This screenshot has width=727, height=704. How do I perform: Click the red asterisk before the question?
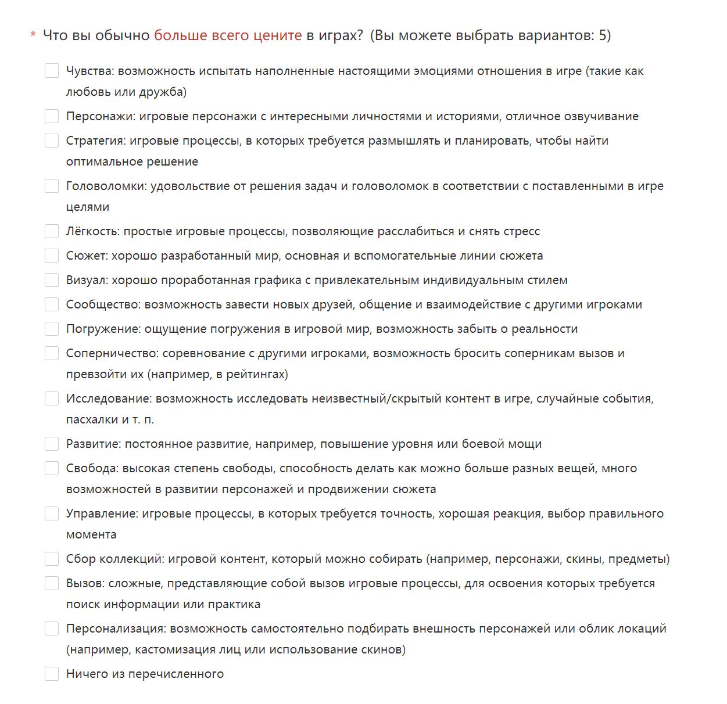(x=33, y=35)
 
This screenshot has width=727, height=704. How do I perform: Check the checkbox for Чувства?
(x=52, y=71)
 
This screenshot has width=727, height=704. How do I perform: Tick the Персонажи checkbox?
(x=52, y=116)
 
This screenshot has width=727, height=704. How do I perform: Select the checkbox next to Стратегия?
(x=52, y=141)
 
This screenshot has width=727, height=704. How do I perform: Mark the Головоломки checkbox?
(x=52, y=186)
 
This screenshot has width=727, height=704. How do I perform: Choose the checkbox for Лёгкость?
(x=52, y=231)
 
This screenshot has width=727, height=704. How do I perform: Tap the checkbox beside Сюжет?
(x=52, y=256)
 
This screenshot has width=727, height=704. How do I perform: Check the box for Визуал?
(x=52, y=280)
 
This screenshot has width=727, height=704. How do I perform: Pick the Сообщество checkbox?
(x=52, y=304)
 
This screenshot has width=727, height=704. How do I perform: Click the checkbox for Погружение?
(x=52, y=329)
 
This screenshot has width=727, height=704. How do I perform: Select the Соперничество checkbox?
(x=52, y=353)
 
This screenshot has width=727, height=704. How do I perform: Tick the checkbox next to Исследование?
(x=52, y=398)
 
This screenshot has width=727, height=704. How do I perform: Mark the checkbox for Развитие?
(x=52, y=444)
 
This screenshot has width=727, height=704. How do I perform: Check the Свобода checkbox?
(x=52, y=468)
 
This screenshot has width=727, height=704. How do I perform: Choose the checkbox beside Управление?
(x=52, y=513)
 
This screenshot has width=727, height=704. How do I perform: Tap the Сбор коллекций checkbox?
(x=52, y=559)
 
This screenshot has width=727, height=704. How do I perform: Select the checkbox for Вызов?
(x=52, y=583)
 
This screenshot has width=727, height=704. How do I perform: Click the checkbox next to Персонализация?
(x=52, y=628)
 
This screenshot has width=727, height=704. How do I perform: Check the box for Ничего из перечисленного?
(x=52, y=674)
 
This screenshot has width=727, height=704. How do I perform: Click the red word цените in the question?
(x=280, y=35)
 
